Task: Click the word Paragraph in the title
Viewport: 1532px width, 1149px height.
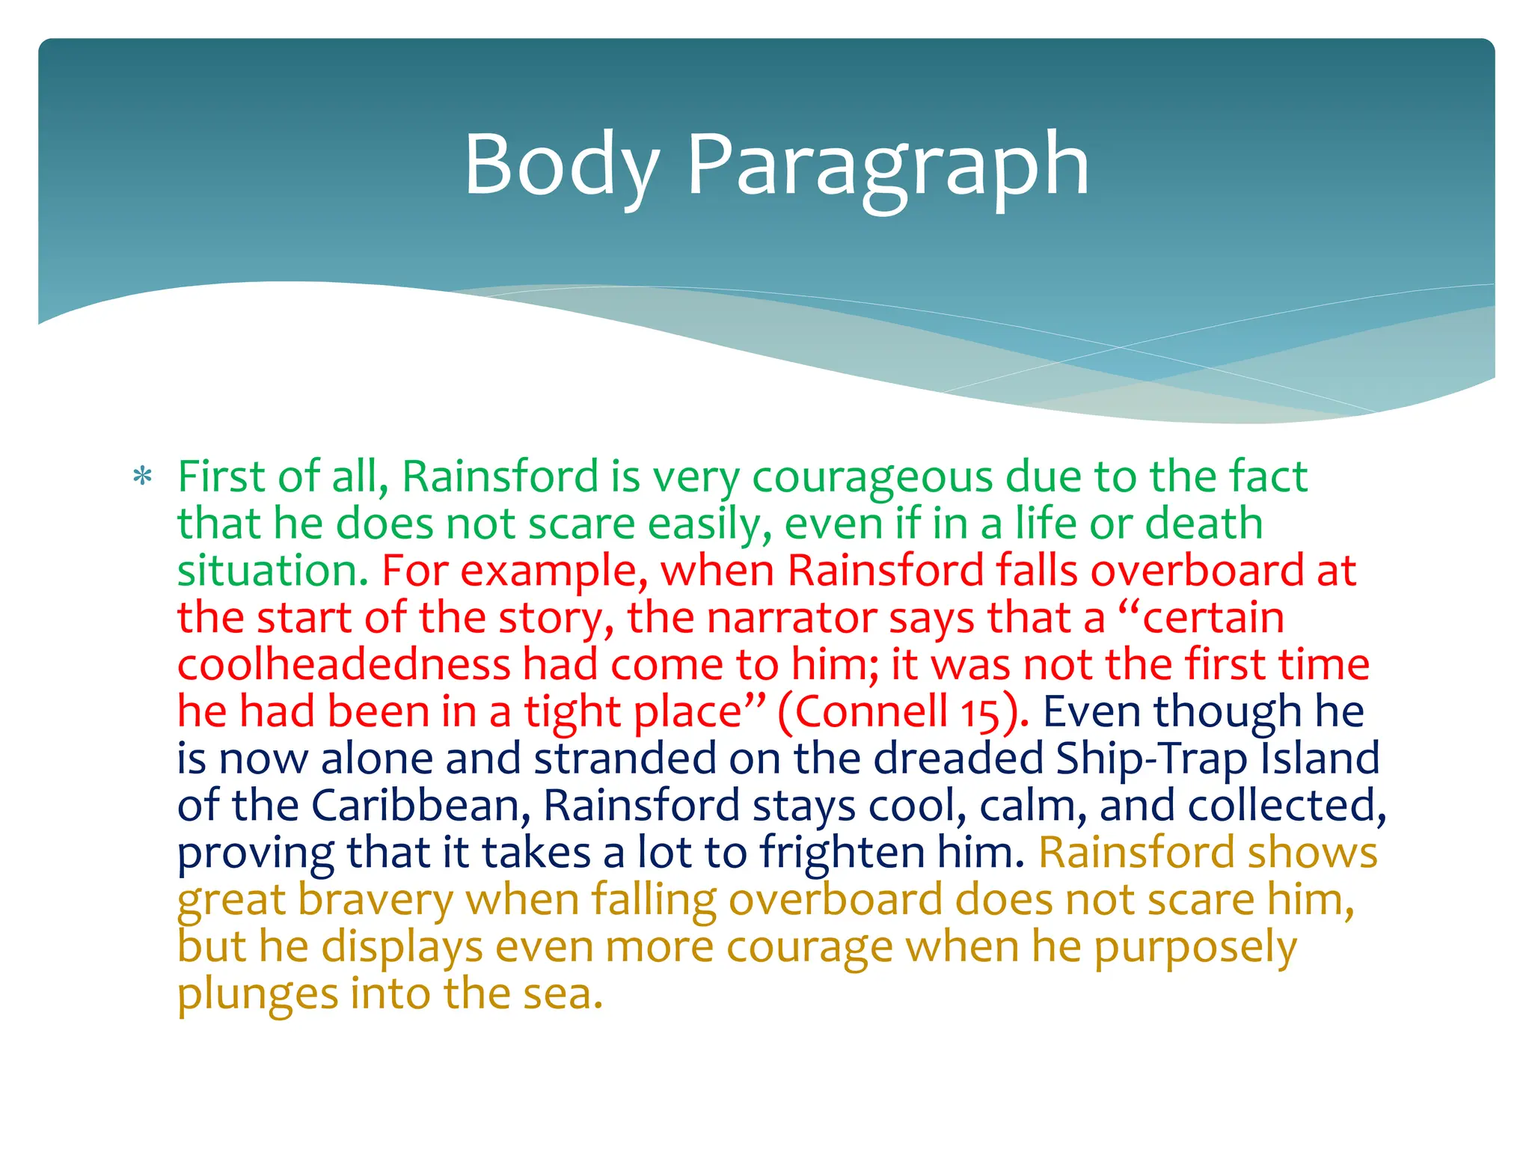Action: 888,165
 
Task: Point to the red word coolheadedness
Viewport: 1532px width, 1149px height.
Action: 343,665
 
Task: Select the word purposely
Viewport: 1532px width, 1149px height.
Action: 1195,948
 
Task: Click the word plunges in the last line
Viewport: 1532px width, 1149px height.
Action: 257,995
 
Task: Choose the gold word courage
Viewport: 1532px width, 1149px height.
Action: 809,948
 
